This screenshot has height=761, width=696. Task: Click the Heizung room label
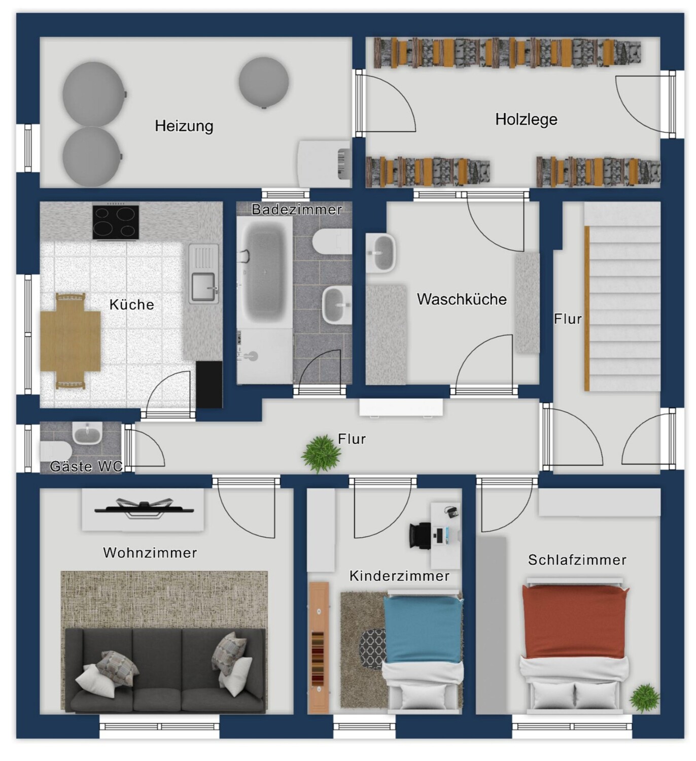[184, 126]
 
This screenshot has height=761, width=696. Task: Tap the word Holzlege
[526, 119]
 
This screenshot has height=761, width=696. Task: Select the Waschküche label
[462, 299]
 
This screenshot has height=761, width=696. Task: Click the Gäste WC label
[86, 466]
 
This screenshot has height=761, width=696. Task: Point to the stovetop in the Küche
[116, 222]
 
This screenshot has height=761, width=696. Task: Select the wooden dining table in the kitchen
[70, 341]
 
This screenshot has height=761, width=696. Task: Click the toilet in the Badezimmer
[332, 241]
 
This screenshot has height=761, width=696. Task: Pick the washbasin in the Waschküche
[381, 253]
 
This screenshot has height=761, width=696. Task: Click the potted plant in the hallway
[321, 453]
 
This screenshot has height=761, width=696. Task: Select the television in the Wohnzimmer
[144, 509]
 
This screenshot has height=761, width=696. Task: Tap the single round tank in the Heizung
[264, 82]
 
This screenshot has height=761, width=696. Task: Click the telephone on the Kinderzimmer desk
[451, 511]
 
